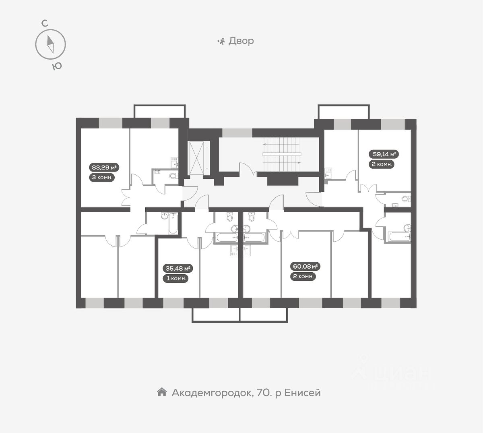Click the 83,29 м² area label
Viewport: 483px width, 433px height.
(x=104, y=168)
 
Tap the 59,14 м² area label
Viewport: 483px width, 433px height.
(x=384, y=154)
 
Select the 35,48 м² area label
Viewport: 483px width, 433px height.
(x=178, y=268)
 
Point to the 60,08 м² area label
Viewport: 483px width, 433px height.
(x=305, y=266)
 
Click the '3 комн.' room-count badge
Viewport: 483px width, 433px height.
(x=102, y=178)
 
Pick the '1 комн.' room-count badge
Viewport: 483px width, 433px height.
(x=176, y=278)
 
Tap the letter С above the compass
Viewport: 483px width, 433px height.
(x=45, y=23)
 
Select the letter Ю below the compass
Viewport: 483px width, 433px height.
(x=57, y=66)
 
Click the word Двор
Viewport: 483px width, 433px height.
(x=241, y=41)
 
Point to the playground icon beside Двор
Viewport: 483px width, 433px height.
(x=221, y=41)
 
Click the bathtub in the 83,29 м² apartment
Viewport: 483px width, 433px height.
(x=173, y=224)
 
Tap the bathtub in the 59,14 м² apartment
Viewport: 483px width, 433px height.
(x=399, y=236)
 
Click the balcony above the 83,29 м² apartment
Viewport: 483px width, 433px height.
(x=159, y=111)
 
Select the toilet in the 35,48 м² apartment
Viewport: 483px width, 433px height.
(x=230, y=216)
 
